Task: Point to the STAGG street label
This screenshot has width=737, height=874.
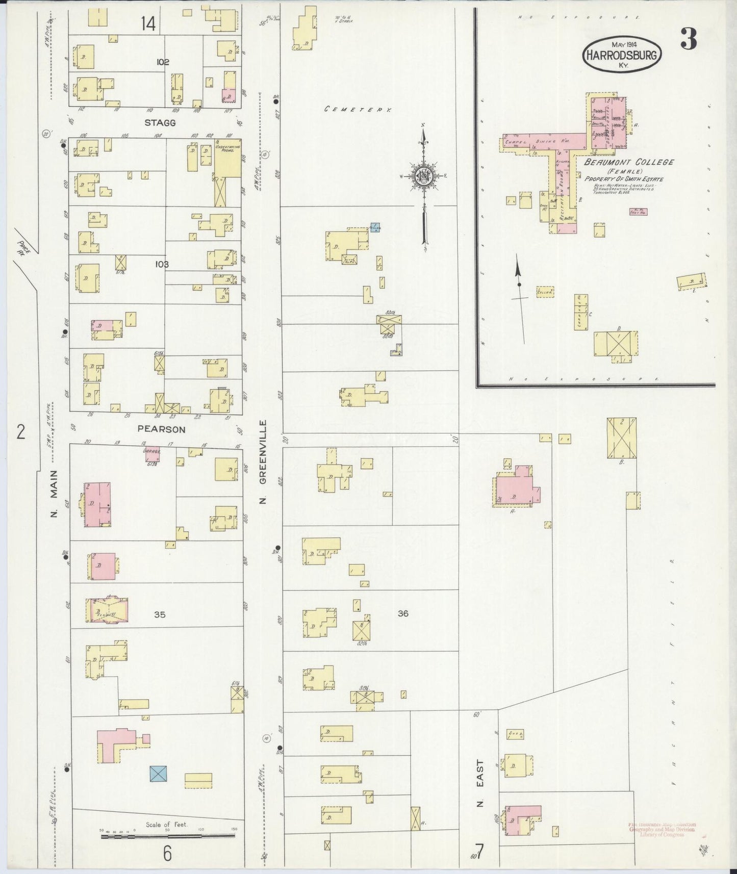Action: pos(160,123)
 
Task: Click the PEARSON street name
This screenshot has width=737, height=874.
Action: pos(161,429)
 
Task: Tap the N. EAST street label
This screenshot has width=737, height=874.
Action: pos(480,785)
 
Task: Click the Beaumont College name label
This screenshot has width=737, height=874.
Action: pos(629,162)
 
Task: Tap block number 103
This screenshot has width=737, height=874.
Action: pos(163,264)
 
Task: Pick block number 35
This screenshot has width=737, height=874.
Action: pos(160,614)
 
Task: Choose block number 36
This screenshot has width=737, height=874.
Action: pos(403,613)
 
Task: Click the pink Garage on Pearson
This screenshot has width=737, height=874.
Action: pos(151,453)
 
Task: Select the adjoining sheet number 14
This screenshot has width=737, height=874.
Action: pos(148,23)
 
